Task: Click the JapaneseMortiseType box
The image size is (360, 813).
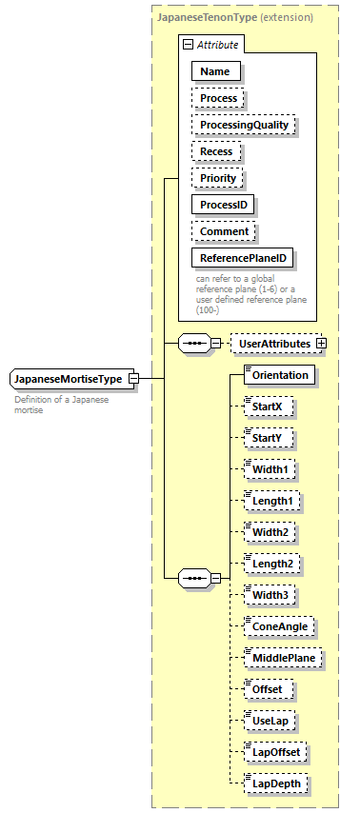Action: [x=68, y=379]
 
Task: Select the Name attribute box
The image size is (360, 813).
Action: [x=215, y=71]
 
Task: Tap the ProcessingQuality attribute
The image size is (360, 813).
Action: [x=244, y=125]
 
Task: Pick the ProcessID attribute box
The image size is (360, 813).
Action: [x=225, y=205]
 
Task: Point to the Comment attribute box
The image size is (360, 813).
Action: [x=224, y=231]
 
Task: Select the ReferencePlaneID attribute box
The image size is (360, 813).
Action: [x=243, y=258]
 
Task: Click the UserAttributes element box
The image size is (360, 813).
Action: [x=274, y=343]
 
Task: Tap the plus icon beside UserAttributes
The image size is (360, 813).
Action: [x=321, y=343]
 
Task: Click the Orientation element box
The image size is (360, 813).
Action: [x=279, y=375]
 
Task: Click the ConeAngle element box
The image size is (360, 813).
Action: [x=280, y=626]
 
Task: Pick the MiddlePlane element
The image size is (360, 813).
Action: [x=283, y=658]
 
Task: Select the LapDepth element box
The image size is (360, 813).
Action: [x=276, y=783]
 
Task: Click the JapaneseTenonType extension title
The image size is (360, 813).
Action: [x=236, y=18]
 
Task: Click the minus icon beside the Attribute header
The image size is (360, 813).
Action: [x=189, y=45]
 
